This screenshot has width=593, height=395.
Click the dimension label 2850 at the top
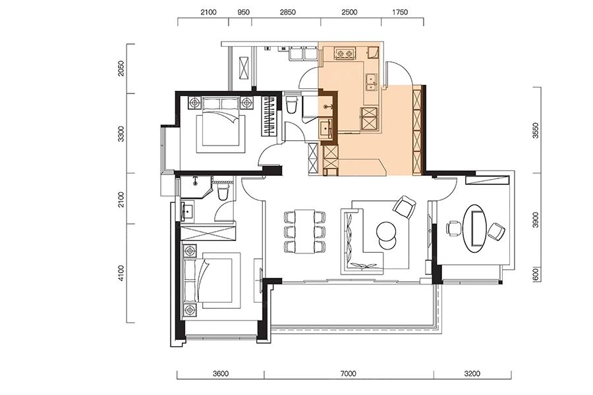tap(287, 12)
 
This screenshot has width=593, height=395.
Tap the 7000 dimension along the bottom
tap(348, 374)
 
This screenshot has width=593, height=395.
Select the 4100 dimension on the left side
tap(121, 273)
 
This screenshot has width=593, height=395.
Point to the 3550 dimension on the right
tap(536, 130)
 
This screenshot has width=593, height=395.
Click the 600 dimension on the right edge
tap(536, 275)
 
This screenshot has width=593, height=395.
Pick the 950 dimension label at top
tap(243, 12)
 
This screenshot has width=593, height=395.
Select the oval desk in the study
tap(476, 228)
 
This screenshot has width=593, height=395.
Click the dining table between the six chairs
tap(305, 231)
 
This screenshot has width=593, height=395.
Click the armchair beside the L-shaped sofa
tap(405, 206)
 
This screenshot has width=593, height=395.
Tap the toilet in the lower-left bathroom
tap(223, 192)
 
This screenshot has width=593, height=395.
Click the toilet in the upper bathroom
tap(292, 105)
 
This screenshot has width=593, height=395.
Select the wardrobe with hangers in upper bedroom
tap(270, 116)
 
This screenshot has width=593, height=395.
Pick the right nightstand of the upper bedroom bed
tap(247, 103)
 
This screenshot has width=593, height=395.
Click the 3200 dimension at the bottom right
tap(472, 374)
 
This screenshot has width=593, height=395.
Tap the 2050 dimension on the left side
tap(121, 68)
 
